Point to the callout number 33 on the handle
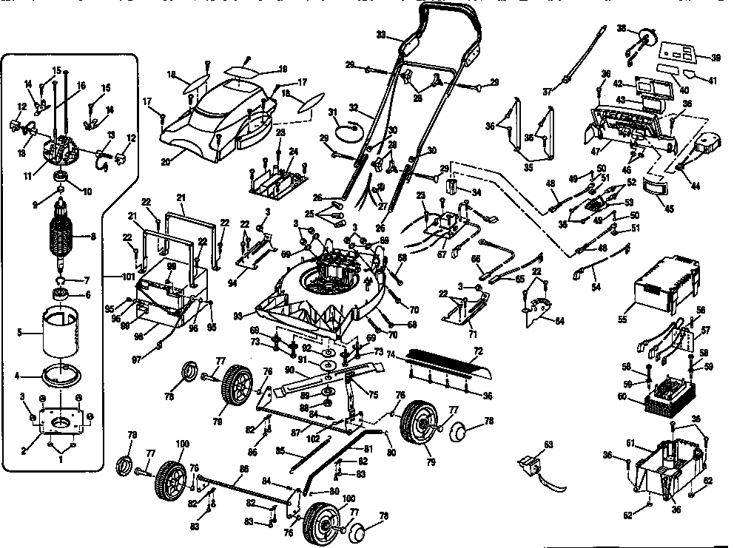381,35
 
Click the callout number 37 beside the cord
548,92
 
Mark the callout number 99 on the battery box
171,265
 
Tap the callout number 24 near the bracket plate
293,151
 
